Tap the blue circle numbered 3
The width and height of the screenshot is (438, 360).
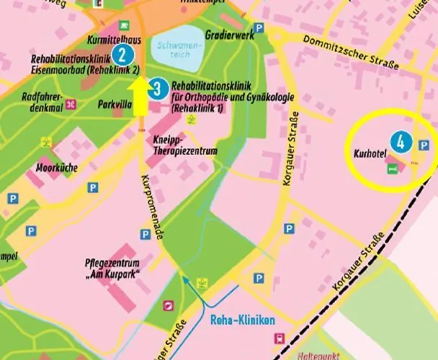[x=159, y=89]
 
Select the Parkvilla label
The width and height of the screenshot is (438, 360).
[x=115, y=104]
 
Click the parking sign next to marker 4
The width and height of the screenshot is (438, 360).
[x=424, y=145]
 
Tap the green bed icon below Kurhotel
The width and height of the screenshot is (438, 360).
[x=392, y=168]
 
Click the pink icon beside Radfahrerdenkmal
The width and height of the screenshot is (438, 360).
[x=71, y=104]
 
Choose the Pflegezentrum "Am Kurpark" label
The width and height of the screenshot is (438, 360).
[x=112, y=268]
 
